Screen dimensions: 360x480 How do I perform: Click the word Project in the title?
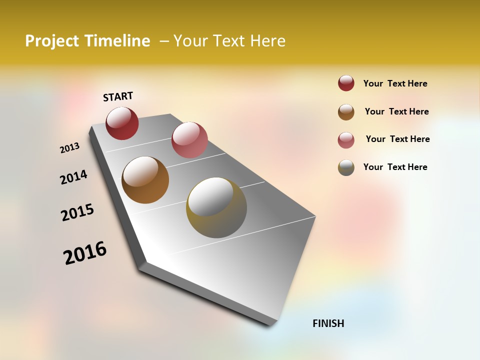(52, 41)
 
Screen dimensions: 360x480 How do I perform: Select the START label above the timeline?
(118, 96)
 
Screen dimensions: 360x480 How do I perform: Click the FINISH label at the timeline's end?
(328, 323)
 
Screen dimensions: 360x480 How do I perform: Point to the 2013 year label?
(69, 148)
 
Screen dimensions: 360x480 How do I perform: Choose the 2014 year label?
(73, 177)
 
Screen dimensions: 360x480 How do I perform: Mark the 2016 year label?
(85, 253)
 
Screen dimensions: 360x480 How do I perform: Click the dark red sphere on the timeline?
(122, 123)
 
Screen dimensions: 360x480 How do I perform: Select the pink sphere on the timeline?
(189, 140)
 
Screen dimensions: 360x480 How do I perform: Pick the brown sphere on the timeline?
(145, 180)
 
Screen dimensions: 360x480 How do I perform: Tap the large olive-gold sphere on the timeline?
(216, 207)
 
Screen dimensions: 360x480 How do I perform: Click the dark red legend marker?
(346, 83)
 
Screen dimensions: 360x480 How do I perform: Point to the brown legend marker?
(346, 112)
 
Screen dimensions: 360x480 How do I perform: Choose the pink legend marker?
(346, 140)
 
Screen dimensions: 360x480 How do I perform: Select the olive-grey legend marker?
(346, 167)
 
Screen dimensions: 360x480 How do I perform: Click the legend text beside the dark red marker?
(395, 83)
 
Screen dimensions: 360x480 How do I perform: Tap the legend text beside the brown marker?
(396, 111)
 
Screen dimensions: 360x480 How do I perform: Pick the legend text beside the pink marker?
(397, 139)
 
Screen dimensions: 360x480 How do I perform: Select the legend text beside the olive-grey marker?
(395, 167)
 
